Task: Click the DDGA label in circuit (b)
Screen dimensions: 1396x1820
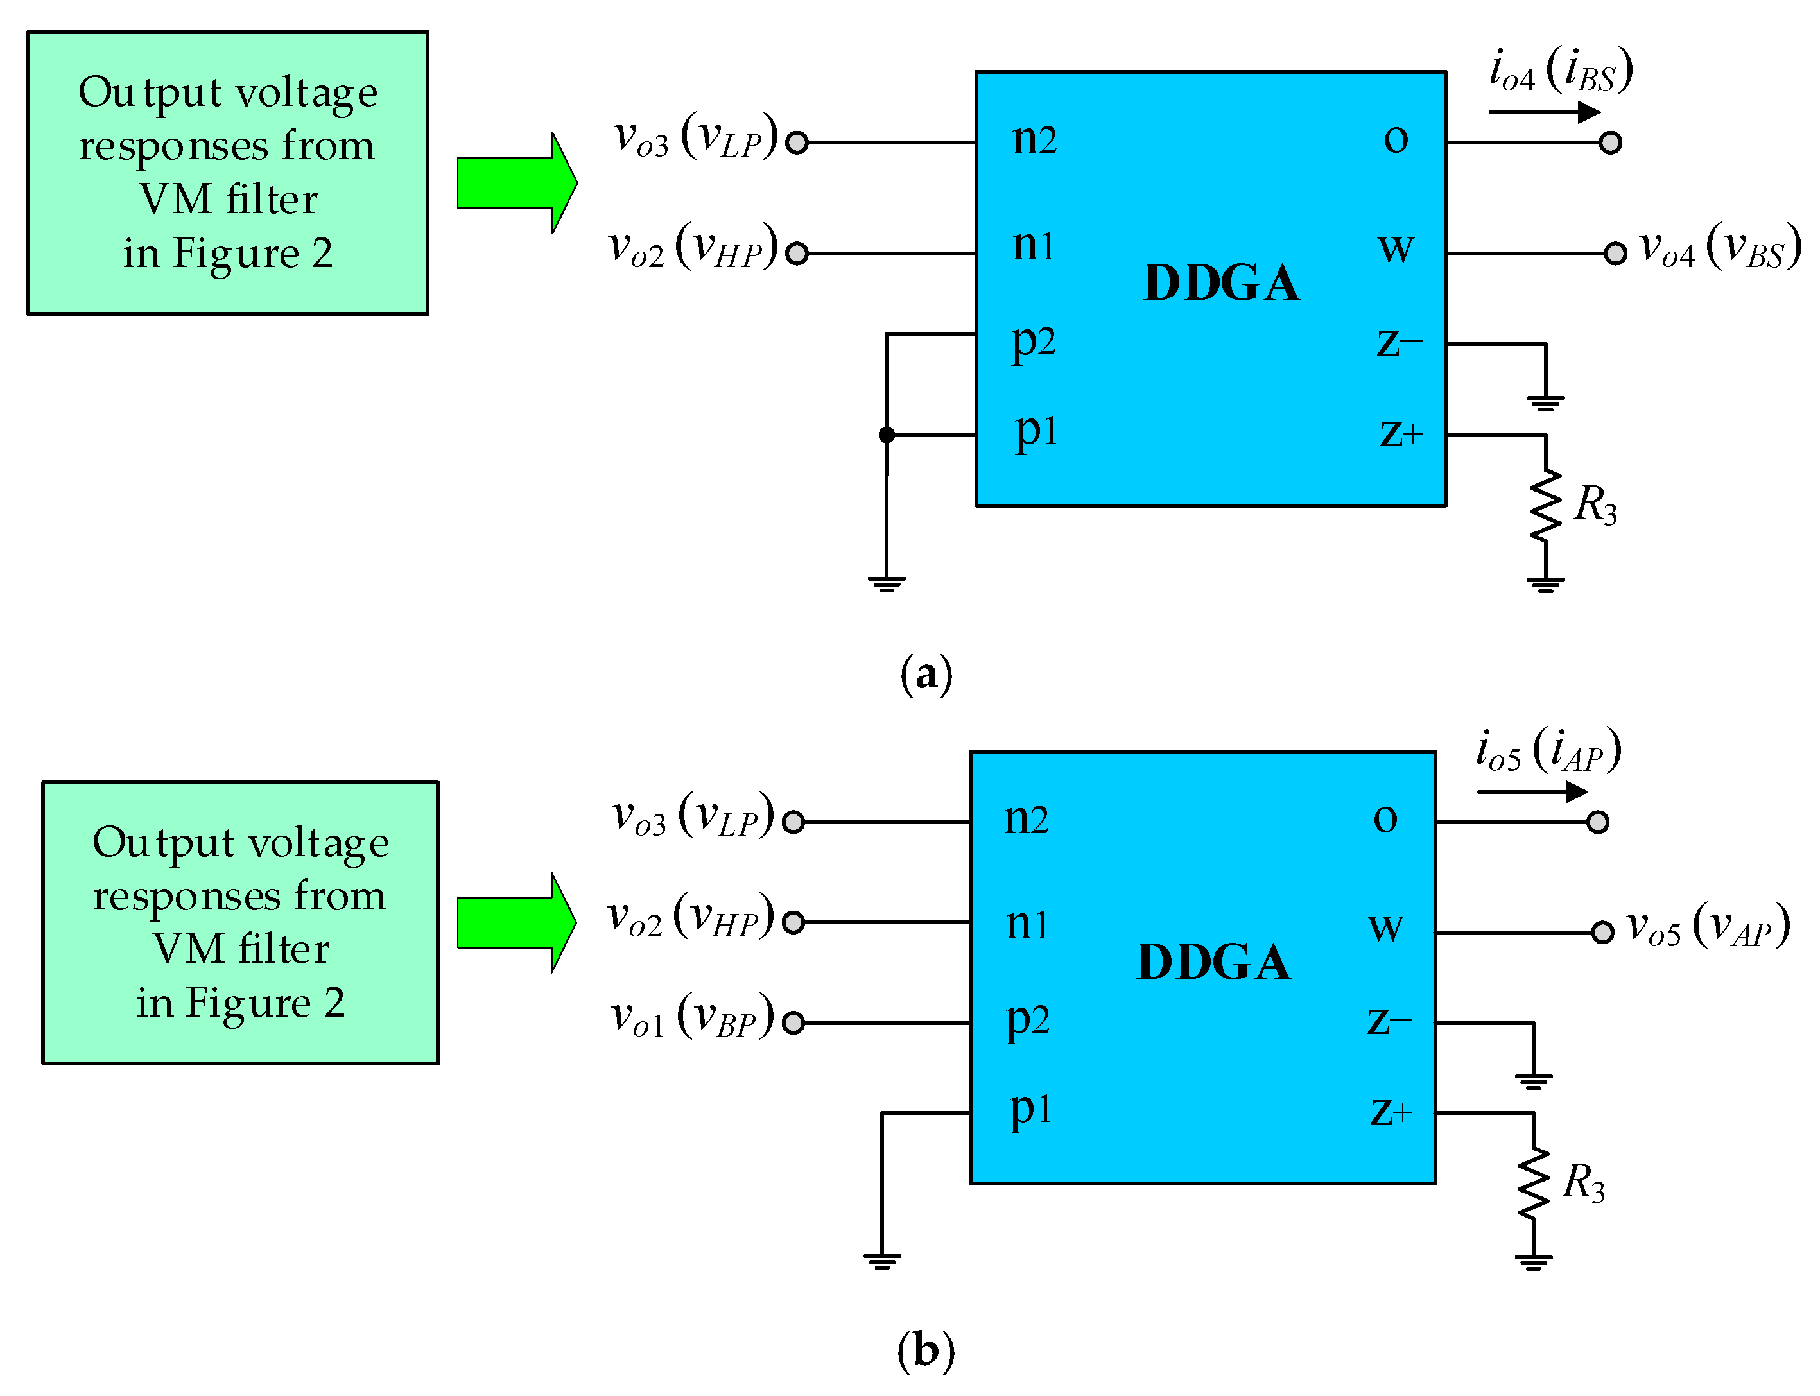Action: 1213,961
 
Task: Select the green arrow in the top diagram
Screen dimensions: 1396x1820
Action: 516,183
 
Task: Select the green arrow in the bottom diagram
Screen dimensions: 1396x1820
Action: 516,922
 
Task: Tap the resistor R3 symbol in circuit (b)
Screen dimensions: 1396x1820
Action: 1532,1184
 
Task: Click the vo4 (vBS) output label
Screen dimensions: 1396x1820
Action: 1719,248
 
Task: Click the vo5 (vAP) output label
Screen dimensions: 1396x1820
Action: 1707,927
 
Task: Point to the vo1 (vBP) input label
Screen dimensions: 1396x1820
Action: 691,1017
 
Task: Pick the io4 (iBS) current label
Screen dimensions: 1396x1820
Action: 1560,71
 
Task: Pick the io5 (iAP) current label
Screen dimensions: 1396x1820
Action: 1547,750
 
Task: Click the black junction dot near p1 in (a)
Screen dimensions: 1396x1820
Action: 887,435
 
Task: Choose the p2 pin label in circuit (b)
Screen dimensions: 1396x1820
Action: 1027,1021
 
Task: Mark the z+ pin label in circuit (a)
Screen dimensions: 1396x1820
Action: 1400,434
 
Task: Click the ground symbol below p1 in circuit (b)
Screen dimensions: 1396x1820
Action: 881,1261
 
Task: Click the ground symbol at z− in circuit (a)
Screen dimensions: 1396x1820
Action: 1545,403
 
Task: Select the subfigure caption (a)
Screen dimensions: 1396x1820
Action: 926,674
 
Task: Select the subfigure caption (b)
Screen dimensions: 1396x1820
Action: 926,1350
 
